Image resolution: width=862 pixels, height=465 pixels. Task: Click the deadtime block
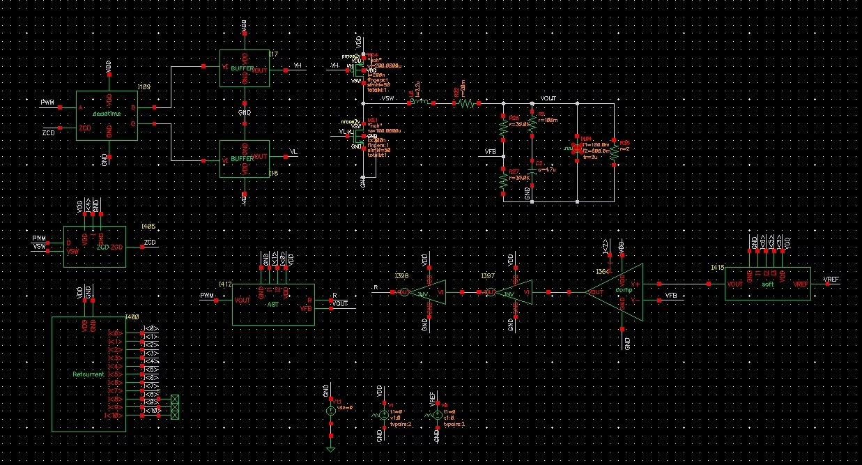tap(107, 115)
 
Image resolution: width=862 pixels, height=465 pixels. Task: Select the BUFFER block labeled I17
tap(245, 68)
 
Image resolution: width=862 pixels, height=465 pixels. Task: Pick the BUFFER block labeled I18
tap(245, 160)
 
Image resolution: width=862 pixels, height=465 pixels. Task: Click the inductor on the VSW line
tap(419, 102)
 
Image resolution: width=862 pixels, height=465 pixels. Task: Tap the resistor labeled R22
tap(465, 103)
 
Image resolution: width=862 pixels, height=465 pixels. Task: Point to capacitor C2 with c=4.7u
tap(532, 169)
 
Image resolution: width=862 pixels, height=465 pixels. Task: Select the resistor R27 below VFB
tap(502, 180)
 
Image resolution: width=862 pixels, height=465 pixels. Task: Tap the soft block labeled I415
tap(767, 284)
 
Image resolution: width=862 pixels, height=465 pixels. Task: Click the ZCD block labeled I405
tap(95, 246)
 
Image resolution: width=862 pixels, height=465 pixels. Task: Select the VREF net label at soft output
tap(831, 279)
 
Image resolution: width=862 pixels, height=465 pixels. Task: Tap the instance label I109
tap(144, 87)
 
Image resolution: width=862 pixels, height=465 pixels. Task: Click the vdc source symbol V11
tap(331, 411)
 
